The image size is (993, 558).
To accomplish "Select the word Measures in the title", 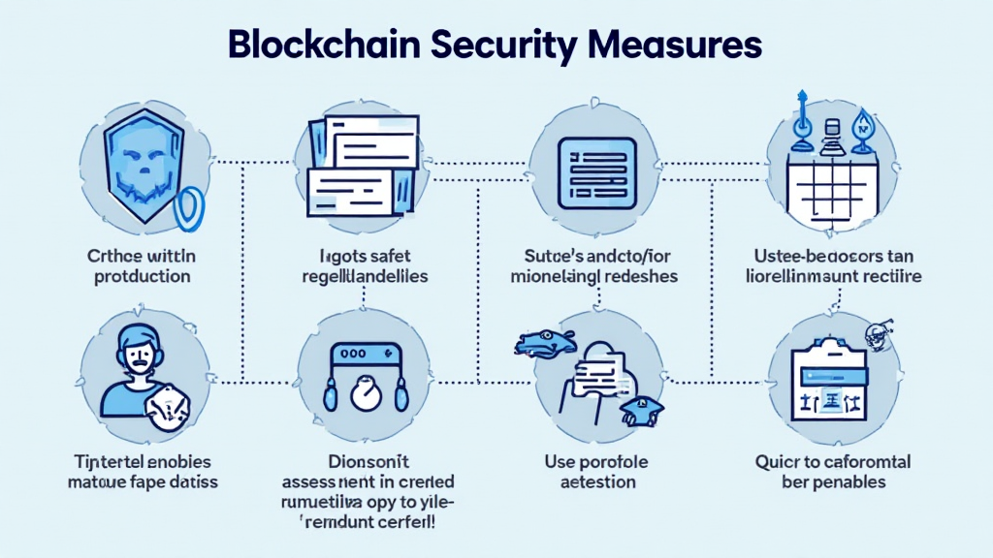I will click(x=690, y=46).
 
